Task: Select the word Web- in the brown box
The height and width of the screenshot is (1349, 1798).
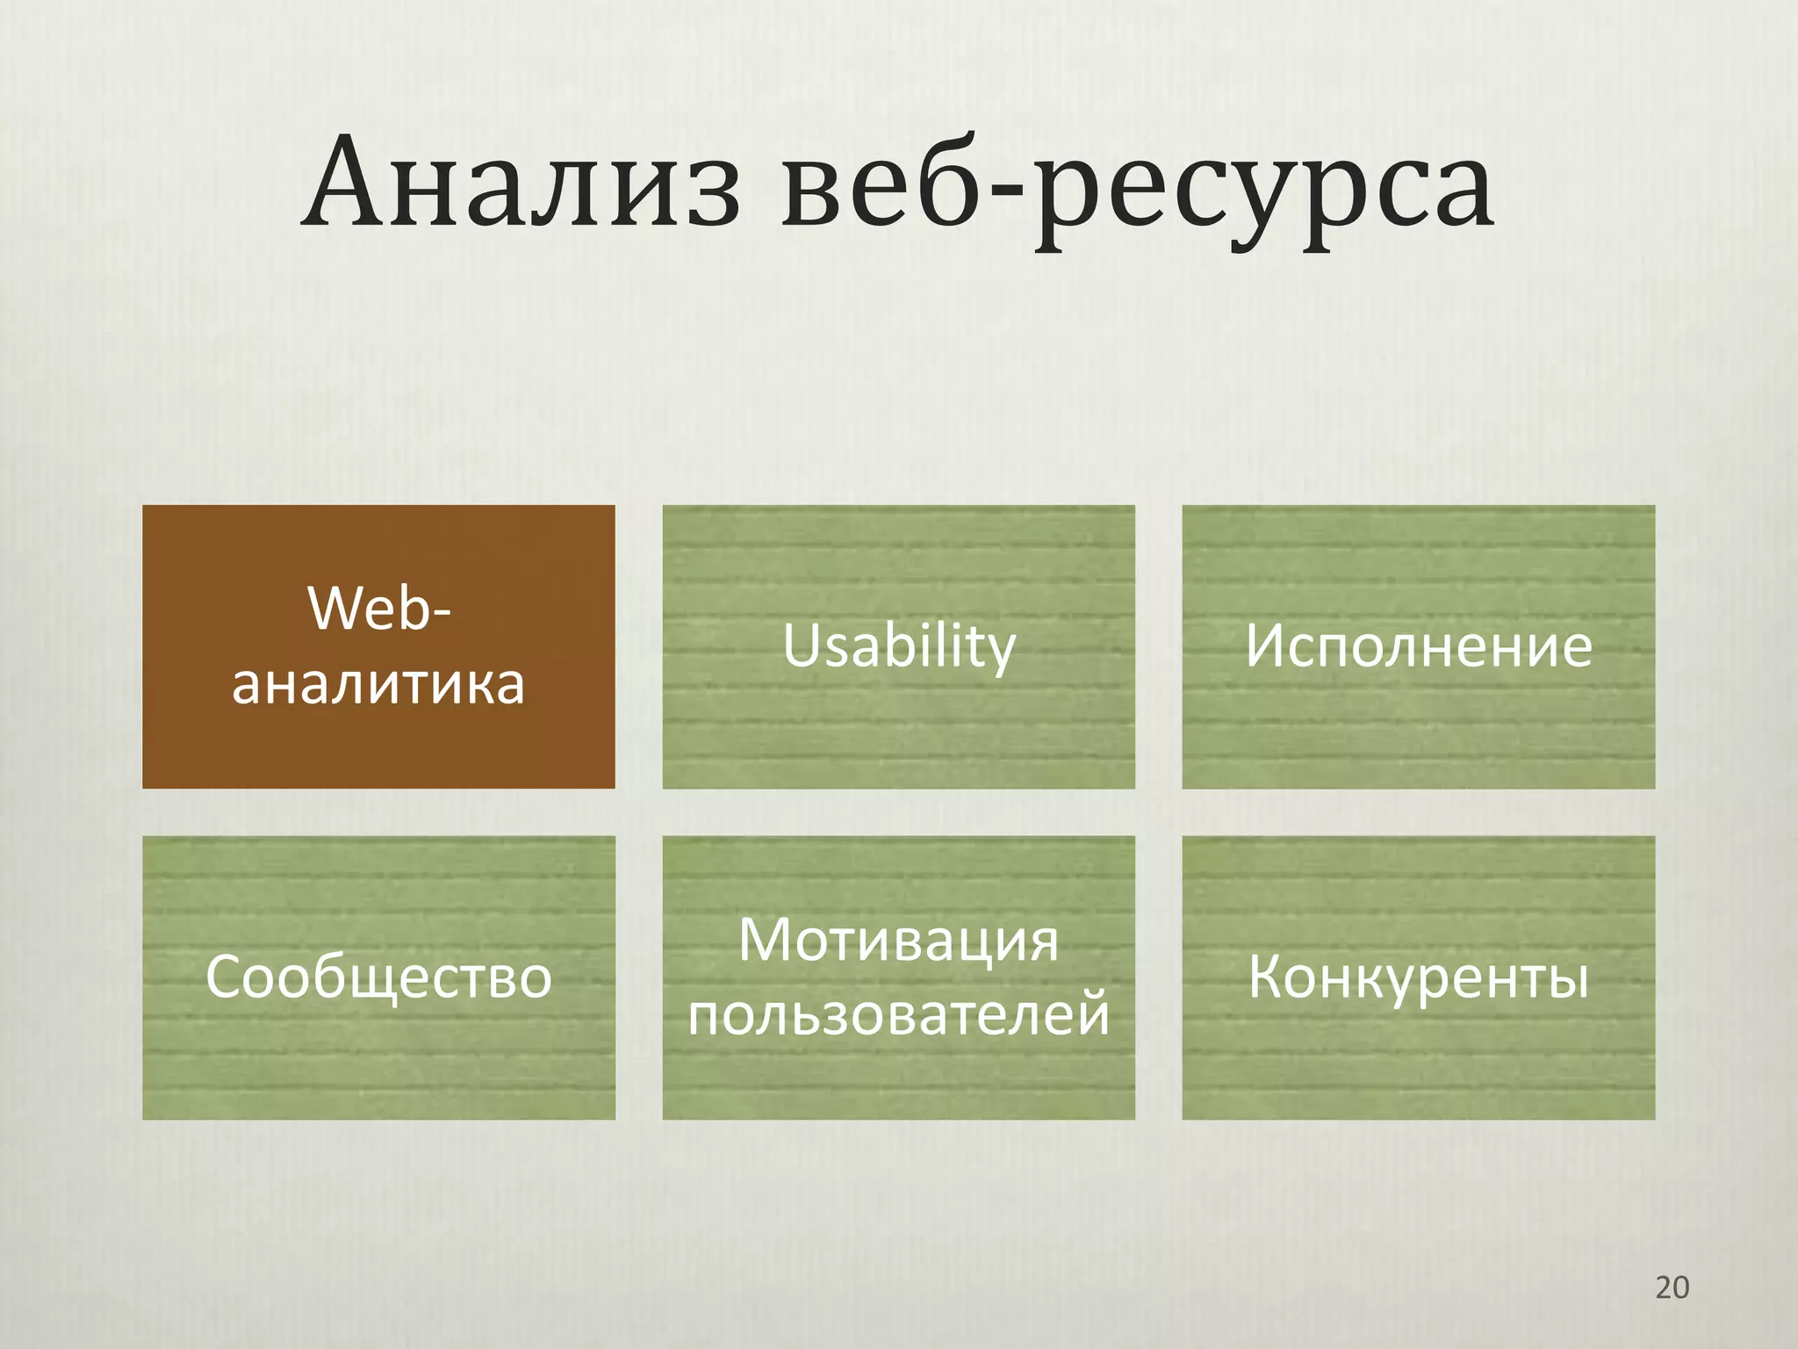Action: pyautogui.click(x=378, y=608)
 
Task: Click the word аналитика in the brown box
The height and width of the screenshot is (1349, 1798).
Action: pyautogui.click(x=378, y=684)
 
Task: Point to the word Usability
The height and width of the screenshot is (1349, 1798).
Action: pyautogui.click(x=898, y=647)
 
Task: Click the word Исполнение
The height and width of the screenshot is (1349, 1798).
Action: pyautogui.click(x=1418, y=647)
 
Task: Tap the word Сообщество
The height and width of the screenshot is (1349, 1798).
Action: pyautogui.click(x=378, y=977)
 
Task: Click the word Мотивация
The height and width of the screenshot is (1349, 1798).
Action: pyautogui.click(x=898, y=941)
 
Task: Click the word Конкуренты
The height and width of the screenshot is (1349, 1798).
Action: pyautogui.click(x=1418, y=977)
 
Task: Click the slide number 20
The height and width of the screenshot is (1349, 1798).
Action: pyautogui.click(x=1672, y=1288)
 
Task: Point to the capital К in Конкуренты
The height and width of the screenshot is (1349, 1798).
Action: pyautogui.click(x=1269, y=976)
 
